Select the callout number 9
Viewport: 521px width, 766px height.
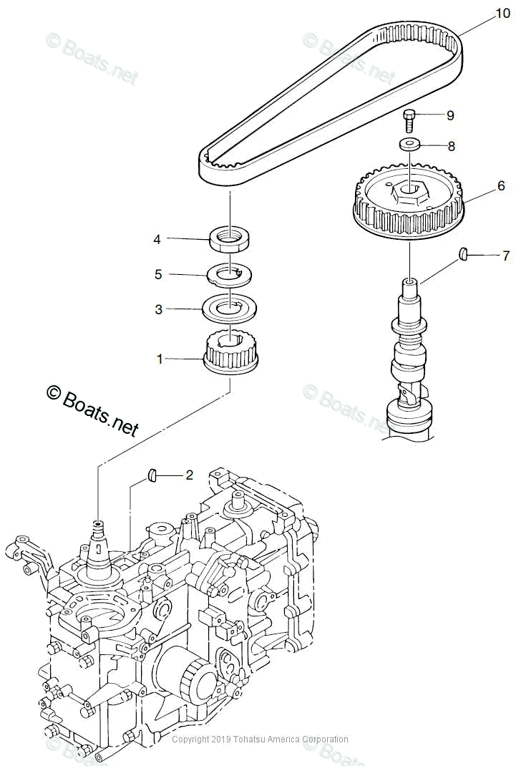point(450,115)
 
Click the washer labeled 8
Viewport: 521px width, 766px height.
point(409,145)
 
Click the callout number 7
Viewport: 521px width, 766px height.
point(505,255)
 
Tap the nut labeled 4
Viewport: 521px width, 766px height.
point(229,238)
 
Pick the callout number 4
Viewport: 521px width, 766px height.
point(157,239)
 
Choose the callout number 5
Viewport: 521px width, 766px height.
point(158,274)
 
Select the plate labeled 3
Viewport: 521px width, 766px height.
point(229,308)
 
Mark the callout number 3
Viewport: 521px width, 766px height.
point(159,309)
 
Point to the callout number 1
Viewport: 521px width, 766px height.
point(160,359)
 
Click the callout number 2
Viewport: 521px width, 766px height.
point(189,475)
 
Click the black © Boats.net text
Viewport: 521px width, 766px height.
point(92,411)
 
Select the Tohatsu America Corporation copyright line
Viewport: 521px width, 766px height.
point(260,740)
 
